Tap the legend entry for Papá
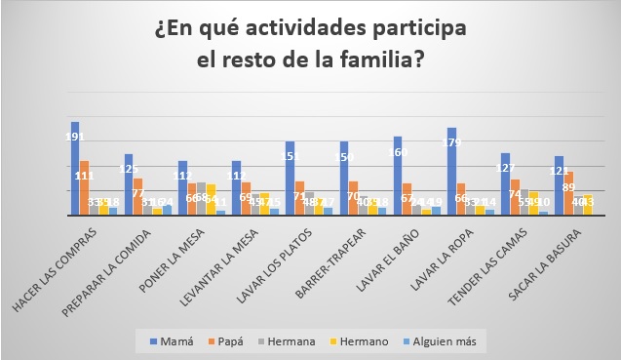coord(233,341)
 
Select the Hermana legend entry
coord(296,341)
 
